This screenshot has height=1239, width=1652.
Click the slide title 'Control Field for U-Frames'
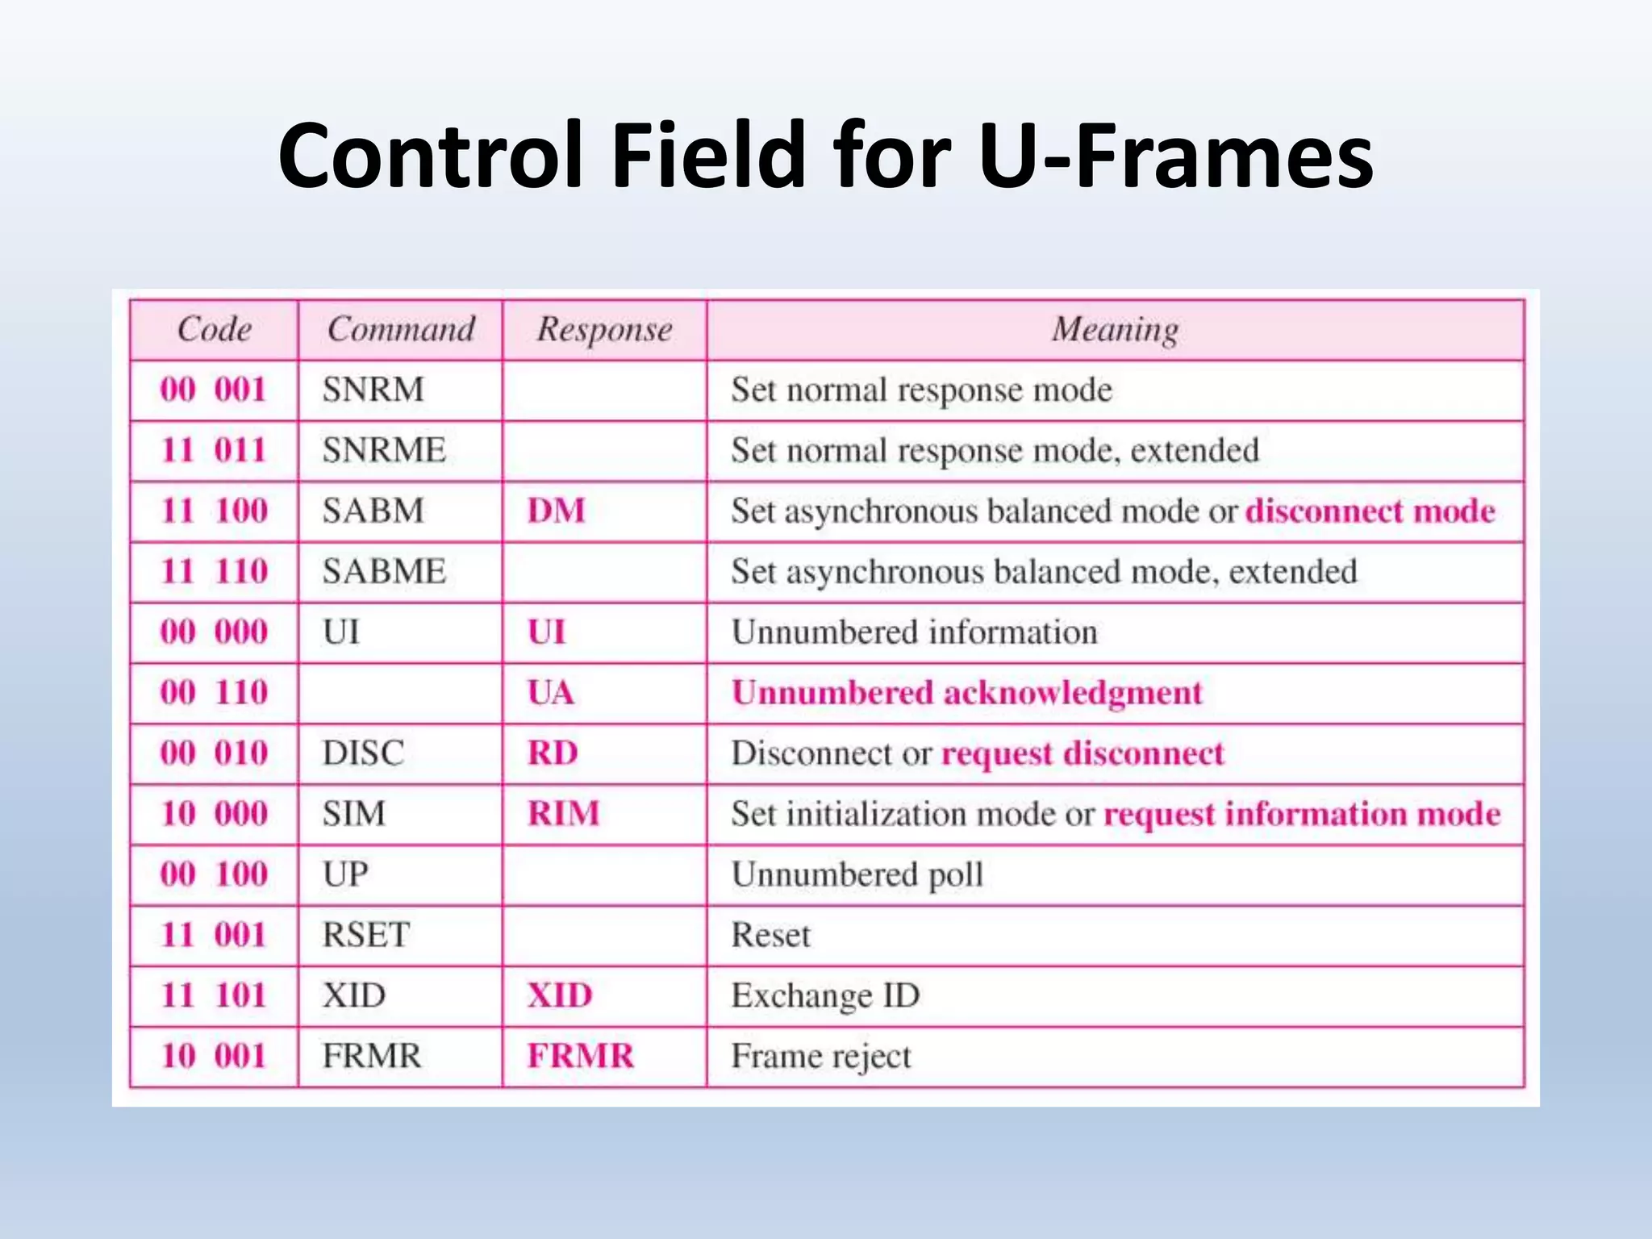(x=825, y=155)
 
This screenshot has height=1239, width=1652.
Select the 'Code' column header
(x=214, y=329)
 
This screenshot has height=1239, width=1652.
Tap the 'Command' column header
(x=401, y=329)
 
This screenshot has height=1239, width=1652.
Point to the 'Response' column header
(x=604, y=329)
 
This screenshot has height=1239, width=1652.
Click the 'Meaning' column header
(x=1115, y=329)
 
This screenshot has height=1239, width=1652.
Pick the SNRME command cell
(x=384, y=450)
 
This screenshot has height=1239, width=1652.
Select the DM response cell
(x=556, y=511)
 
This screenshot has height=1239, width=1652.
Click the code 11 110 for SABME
(x=214, y=571)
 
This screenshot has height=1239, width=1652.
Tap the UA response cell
(x=551, y=692)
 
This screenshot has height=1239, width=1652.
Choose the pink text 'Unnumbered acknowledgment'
(x=966, y=692)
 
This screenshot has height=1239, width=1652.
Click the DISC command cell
(x=363, y=753)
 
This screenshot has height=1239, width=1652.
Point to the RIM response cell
(x=563, y=813)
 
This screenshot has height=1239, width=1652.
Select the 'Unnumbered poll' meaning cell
(x=857, y=874)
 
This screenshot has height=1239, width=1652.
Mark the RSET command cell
(x=366, y=935)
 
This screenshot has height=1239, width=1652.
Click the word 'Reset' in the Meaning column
(x=770, y=935)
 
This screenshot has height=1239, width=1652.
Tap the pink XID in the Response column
(x=560, y=995)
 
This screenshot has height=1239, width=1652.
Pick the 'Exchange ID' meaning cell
(x=825, y=995)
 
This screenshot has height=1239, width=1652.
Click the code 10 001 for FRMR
(x=214, y=1056)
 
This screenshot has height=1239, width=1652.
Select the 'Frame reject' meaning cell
(x=820, y=1056)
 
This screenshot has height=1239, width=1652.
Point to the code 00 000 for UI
(x=214, y=632)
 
